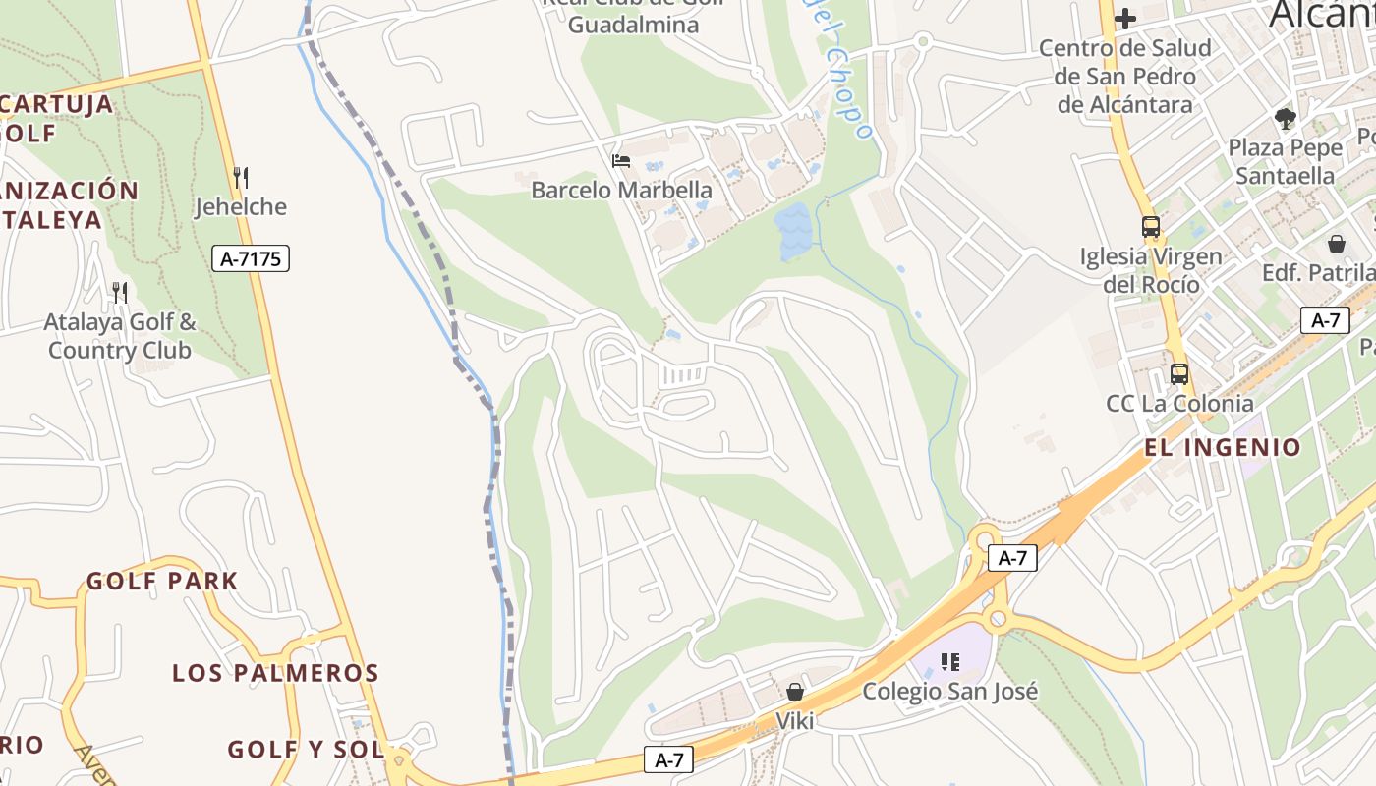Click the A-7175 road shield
(252, 259)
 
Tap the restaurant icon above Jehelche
(241, 177)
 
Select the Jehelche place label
(241, 206)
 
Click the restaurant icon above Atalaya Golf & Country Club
(120, 292)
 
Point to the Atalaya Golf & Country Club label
(120, 336)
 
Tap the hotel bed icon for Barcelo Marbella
(621, 160)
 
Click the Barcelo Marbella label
(621, 190)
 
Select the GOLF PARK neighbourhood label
(162, 581)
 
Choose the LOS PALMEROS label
(275, 673)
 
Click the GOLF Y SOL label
(306, 750)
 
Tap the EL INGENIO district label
(1223, 448)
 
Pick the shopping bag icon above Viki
(795, 692)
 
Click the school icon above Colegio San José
(949, 661)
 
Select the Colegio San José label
(949, 691)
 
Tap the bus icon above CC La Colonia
(1178, 374)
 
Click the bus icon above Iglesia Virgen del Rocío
(1151, 227)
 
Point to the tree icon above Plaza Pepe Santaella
(1285, 119)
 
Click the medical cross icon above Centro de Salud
(1125, 18)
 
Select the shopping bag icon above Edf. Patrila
(1337, 243)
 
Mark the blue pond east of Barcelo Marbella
(794, 232)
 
